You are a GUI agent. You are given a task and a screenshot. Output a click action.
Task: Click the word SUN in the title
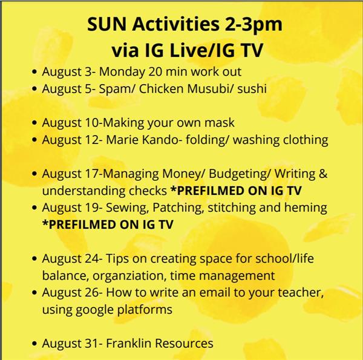pos(107,24)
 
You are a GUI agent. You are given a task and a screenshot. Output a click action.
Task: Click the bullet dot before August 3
pos(34,72)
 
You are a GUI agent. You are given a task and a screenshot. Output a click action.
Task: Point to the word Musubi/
pos(210,89)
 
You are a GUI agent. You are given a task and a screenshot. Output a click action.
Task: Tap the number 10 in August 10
pos(92,123)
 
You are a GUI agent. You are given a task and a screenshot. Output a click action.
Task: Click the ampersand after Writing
pos(323,174)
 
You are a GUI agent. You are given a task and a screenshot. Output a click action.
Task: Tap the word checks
pos(148,191)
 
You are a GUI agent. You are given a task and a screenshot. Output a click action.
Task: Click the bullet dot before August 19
pos(34,208)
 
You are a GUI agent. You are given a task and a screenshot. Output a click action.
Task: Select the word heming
pos(306,208)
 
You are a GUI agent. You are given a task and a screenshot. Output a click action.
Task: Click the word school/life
pos(284,258)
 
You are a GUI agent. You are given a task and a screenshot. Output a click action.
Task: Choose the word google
pos(94,310)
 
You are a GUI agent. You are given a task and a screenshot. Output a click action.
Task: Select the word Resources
pos(185,343)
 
